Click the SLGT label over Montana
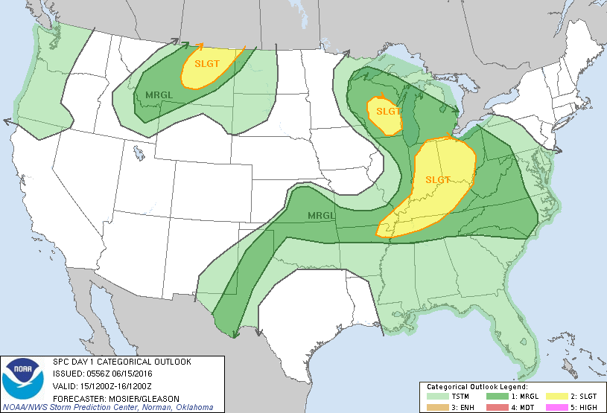coord(207,63)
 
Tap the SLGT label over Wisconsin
coord(388,111)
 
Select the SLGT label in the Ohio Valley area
coord(439,179)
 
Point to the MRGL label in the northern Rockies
coord(159,95)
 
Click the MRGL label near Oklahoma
coord(321,216)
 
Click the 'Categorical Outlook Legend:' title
coord(477,387)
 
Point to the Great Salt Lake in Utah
coord(139,153)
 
